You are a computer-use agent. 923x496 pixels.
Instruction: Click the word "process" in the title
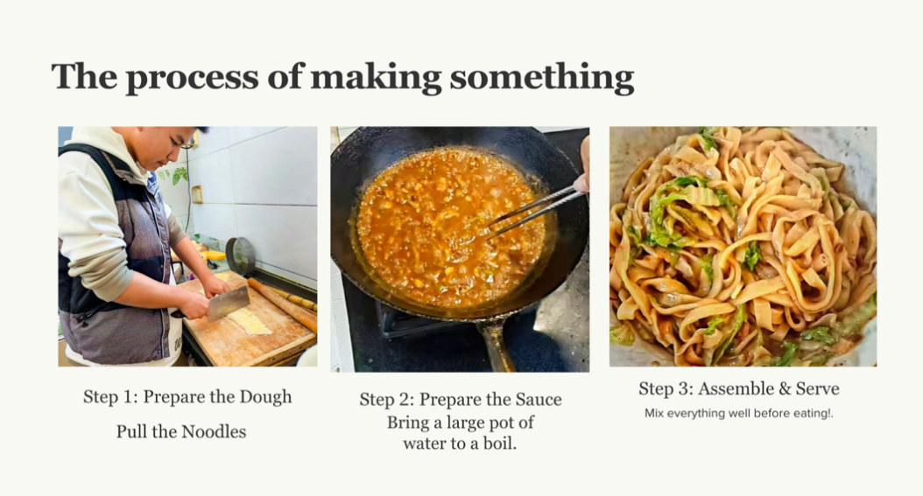[x=192, y=78]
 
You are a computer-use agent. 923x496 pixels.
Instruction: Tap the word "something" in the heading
[x=541, y=78]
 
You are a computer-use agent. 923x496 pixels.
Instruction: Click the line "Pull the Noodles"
[x=181, y=431]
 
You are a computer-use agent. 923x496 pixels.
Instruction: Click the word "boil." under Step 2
[x=500, y=443]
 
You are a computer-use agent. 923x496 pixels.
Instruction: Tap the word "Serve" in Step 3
[x=818, y=388]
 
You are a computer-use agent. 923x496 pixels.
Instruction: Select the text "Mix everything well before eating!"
[x=739, y=413]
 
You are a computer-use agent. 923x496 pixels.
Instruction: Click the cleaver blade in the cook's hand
[x=229, y=303]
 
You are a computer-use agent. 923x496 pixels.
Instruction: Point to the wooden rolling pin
[x=282, y=304]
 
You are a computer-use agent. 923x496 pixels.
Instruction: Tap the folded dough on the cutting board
[x=250, y=322]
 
